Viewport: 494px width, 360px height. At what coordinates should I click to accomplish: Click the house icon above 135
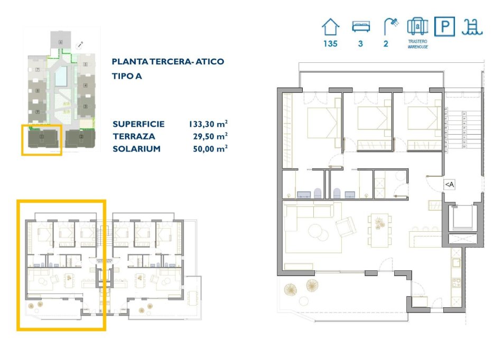(x=331, y=26)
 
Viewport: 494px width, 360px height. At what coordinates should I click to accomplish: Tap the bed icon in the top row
(x=360, y=26)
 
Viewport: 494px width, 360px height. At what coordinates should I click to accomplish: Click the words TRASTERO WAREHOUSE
(x=417, y=44)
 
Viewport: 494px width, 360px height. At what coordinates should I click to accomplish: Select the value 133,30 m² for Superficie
(x=208, y=125)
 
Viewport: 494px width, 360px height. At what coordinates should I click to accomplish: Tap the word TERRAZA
(x=132, y=137)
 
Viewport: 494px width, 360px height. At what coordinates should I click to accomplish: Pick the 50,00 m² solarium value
(x=210, y=149)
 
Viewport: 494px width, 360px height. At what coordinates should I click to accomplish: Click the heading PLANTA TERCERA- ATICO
(x=168, y=62)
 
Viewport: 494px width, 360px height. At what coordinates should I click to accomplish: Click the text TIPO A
(x=127, y=76)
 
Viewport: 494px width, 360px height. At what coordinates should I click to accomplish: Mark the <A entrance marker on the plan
(x=449, y=184)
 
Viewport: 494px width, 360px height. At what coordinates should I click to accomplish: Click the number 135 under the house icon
(x=331, y=44)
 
